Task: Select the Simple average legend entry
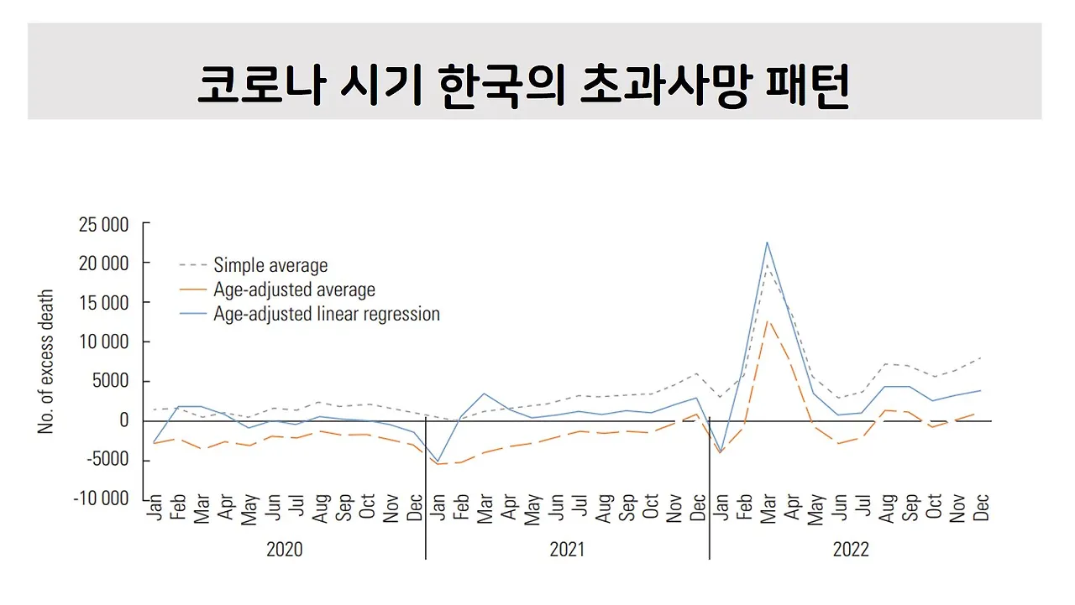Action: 270,265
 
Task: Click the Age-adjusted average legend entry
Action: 294,289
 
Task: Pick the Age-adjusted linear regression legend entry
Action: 327,315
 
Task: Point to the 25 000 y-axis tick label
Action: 103,224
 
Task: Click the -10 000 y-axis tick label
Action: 102,498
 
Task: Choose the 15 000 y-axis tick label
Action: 103,302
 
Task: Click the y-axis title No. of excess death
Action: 46,362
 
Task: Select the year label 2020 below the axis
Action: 284,550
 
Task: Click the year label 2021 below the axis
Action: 567,550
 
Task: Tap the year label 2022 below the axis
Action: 851,550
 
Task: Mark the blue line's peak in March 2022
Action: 767,243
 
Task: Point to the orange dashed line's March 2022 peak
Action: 767,320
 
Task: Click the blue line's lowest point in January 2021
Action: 438,462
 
